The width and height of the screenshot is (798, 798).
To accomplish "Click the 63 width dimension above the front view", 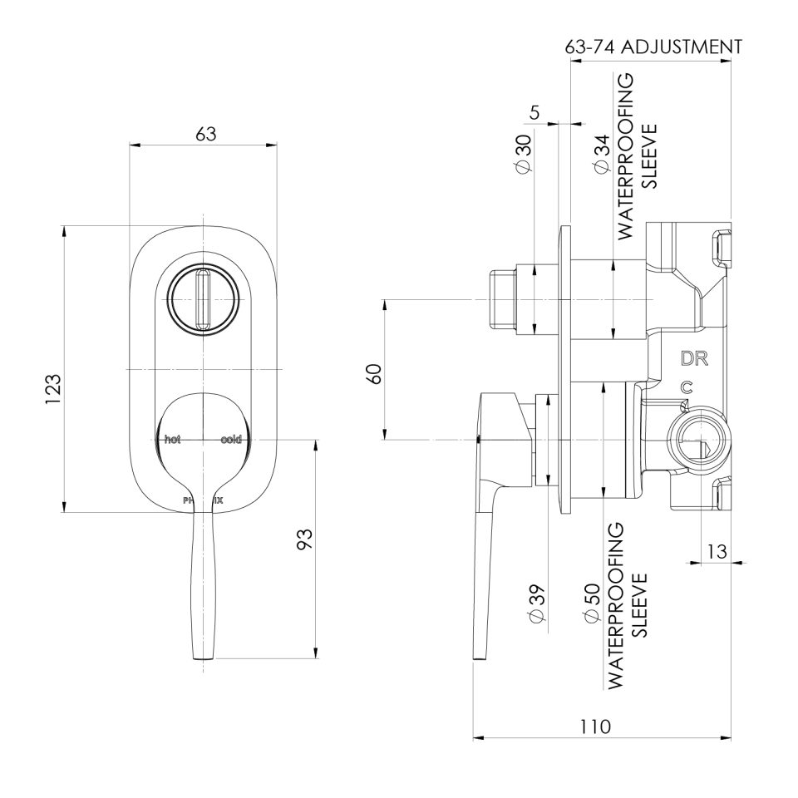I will pyautogui.click(x=205, y=133).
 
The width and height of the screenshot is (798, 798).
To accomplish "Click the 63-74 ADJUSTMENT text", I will pyautogui.click(x=653, y=47).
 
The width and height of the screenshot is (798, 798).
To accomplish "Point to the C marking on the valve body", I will pyautogui.click(x=686, y=387).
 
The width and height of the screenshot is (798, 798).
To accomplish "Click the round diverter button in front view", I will pyautogui.click(x=203, y=299).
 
